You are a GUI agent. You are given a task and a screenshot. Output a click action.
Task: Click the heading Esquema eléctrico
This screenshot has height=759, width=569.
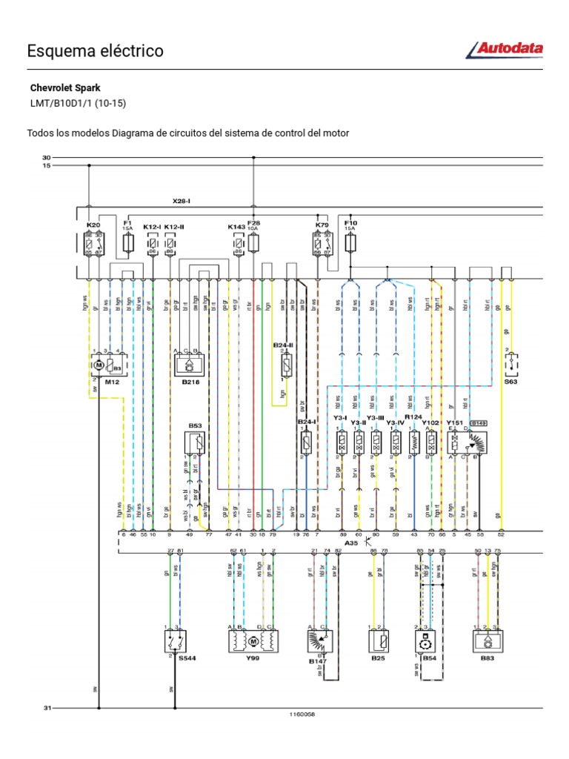[95, 51]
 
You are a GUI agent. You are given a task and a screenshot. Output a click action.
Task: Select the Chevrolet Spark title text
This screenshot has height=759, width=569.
[65, 87]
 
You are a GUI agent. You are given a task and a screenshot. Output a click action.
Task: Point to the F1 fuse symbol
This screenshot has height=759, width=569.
[127, 242]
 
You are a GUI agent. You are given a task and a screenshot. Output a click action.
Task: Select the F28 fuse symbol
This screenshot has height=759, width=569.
[253, 242]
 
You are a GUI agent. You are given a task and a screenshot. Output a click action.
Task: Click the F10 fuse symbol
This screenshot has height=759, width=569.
[350, 242]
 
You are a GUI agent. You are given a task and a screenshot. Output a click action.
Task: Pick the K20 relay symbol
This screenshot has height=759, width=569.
[93, 243]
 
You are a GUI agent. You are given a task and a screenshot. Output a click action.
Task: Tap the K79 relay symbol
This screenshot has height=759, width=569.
[322, 243]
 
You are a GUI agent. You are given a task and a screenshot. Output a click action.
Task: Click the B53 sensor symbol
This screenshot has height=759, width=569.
[196, 443]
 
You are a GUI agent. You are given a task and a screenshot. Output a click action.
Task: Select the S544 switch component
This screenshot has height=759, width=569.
[175, 640]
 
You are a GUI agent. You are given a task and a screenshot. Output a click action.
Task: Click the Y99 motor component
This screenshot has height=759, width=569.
[253, 640]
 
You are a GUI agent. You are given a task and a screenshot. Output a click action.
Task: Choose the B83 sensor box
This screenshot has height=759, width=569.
[489, 640]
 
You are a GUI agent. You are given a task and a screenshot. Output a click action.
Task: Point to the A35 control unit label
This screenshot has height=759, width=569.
[352, 543]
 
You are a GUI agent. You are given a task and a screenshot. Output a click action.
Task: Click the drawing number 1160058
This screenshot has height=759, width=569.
[302, 715]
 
